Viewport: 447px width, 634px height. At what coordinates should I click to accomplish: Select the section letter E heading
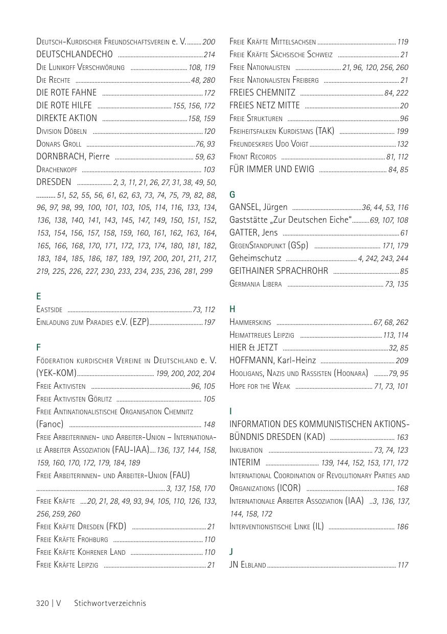tap(39, 296)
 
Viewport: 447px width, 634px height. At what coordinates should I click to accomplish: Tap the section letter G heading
tap(232, 195)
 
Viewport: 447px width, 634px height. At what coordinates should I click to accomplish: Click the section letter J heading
tap(231, 552)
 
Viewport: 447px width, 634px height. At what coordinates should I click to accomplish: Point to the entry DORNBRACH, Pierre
tap(73, 156)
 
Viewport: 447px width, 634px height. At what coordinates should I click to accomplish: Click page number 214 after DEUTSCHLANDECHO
tap(209, 55)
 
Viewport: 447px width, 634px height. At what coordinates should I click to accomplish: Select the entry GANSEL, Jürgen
tap(258, 207)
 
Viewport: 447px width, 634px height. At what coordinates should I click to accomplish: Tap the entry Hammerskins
tap(250, 322)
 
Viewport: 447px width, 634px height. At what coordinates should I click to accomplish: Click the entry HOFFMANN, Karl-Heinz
tap(272, 361)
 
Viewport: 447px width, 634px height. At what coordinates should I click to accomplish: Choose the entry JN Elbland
tap(248, 565)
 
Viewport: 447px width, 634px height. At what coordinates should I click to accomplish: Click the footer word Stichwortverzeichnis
tap(110, 603)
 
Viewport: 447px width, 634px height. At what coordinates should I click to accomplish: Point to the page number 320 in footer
tap(42, 603)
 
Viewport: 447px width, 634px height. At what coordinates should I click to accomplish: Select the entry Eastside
tap(50, 310)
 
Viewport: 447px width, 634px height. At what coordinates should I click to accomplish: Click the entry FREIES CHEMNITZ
tap(262, 92)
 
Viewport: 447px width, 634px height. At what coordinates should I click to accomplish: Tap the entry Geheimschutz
tap(255, 259)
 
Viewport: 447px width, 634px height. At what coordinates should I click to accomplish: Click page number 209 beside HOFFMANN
tap(402, 361)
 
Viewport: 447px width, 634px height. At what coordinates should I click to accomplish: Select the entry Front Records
tap(253, 157)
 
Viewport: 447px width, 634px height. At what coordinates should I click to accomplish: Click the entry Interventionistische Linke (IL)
tap(276, 527)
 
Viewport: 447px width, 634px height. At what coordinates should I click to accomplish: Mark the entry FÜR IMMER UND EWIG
tap(272, 169)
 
